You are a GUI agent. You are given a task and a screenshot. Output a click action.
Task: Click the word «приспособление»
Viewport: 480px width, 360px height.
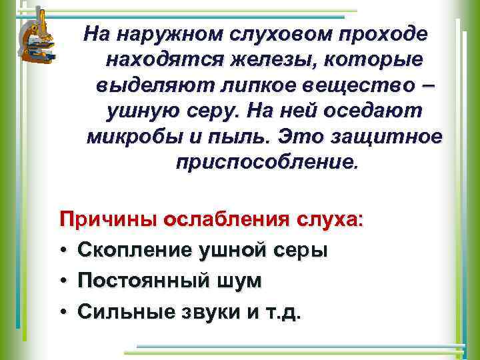267,163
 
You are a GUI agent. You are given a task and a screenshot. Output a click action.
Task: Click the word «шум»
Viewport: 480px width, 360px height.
237,281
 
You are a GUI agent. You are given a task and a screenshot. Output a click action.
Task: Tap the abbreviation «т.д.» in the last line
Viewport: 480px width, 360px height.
283,311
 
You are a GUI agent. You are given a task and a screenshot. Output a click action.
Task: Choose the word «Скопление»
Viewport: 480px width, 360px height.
133,251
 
